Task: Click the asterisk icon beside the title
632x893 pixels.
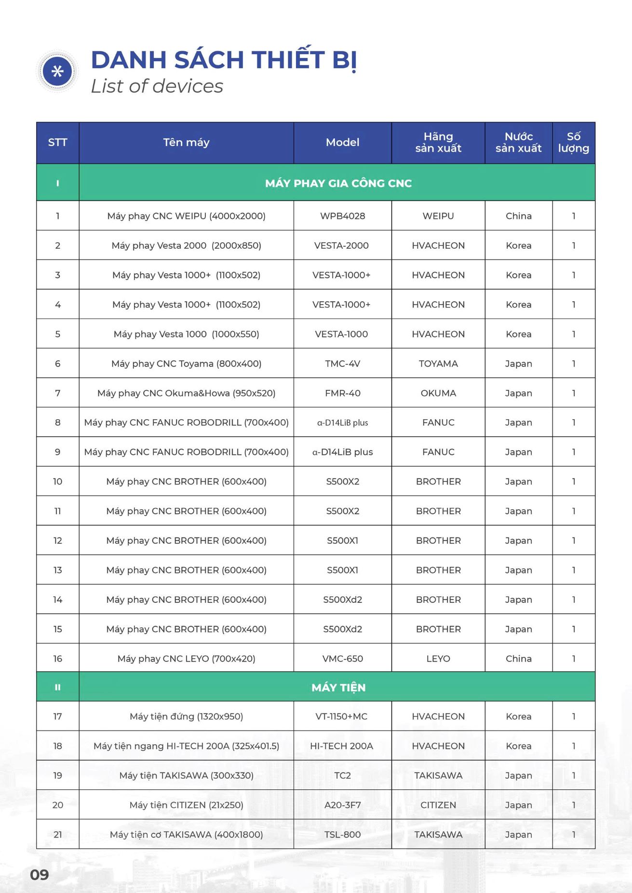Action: click(x=57, y=71)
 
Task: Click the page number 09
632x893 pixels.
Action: click(x=40, y=875)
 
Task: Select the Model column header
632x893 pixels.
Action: click(x=342, y=143)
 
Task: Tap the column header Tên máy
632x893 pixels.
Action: click(x=186, y=143)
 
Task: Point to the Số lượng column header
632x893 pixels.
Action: click(x=573, y=143)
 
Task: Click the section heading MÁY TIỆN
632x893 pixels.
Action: click(x=338, y=688)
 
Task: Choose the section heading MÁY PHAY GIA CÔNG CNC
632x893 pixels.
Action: click(x=338, y=183)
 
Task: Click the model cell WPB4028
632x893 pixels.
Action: click(x=342, y=216)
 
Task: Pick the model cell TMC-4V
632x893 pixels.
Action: click(x=342, y=364)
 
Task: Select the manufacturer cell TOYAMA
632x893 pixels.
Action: click(x=438, y=364)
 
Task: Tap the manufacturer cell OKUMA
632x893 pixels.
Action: click(x=438, y=393)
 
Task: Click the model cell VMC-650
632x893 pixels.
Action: click(x=342, y=659)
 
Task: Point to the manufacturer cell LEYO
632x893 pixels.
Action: click(x=438, y=659)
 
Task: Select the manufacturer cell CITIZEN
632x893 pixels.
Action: click(x=438, y=805)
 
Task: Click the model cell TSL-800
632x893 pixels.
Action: click(x=342, y=835)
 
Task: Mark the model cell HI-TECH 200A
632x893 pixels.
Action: click(x=341, y=746)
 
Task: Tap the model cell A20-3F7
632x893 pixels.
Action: click(x=342, y=805)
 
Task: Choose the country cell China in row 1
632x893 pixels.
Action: click(x=518, y=216)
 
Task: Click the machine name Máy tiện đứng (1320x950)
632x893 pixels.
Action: click(x=186, y=717)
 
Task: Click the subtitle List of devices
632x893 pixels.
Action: click(x=157, y=86)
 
